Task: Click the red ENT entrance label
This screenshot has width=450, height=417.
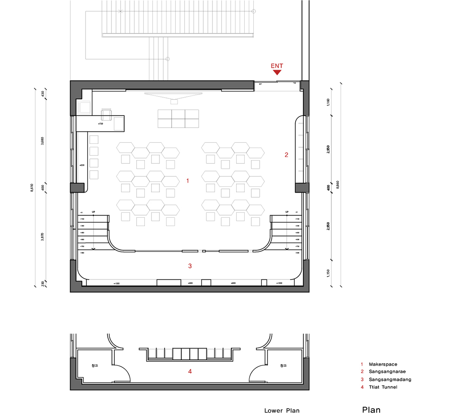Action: (277, 66)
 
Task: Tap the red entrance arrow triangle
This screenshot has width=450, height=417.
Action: (277, 73)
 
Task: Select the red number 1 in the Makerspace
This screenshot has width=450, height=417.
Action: (188, 181)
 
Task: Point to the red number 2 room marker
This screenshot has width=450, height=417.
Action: (286, 155)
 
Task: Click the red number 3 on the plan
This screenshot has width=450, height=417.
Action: (190, 266)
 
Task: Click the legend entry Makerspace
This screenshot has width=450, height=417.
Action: (382, 364)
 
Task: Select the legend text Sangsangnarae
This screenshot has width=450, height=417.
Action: (387, 372)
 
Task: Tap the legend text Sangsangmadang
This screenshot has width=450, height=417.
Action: (390, 379)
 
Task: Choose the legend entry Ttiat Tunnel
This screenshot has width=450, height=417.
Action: (383, 387)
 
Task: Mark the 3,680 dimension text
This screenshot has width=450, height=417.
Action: (43, 141)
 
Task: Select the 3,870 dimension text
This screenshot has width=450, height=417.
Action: (43, 237)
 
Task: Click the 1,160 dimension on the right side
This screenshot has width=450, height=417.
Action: (329, 101)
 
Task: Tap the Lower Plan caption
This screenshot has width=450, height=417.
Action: (282, 411)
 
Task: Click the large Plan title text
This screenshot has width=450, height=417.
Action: (371, 410)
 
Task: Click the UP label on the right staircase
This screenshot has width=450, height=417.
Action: (287, 212)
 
